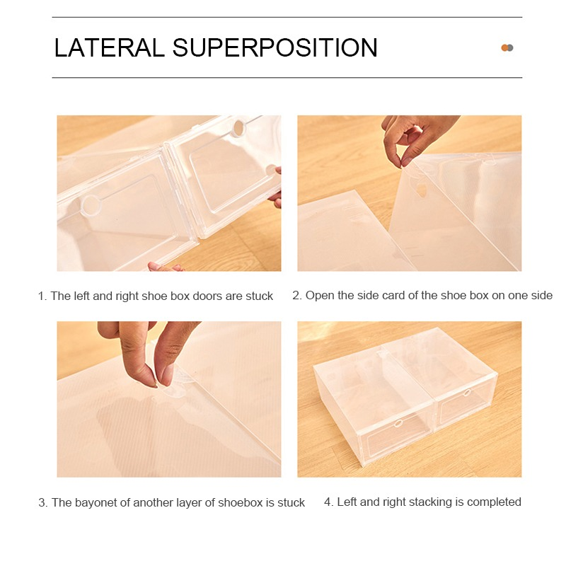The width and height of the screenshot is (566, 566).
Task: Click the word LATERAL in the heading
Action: tap(109, 47)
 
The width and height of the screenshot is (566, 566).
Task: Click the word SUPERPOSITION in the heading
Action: tap(275, 47)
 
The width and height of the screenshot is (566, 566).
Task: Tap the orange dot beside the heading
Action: tap(504, 47)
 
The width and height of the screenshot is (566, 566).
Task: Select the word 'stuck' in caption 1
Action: tap(259, 296)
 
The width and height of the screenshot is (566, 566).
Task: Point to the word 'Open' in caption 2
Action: tap(317, 296)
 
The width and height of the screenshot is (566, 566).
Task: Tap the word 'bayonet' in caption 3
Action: tap(96, 502)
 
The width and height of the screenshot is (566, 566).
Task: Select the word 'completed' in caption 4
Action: tap(494, 502)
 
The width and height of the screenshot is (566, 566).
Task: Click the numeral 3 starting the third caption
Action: tap(42, 503)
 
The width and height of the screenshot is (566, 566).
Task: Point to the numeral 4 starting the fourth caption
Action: tap(328, 502)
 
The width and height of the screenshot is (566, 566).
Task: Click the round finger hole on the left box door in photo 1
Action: tap(91, 205)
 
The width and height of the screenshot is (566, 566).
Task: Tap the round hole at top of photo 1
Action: tap(238, 128)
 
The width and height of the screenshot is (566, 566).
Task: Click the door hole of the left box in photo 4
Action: tap(398, 423)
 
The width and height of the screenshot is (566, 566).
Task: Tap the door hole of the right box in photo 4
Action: tap(467, 393)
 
